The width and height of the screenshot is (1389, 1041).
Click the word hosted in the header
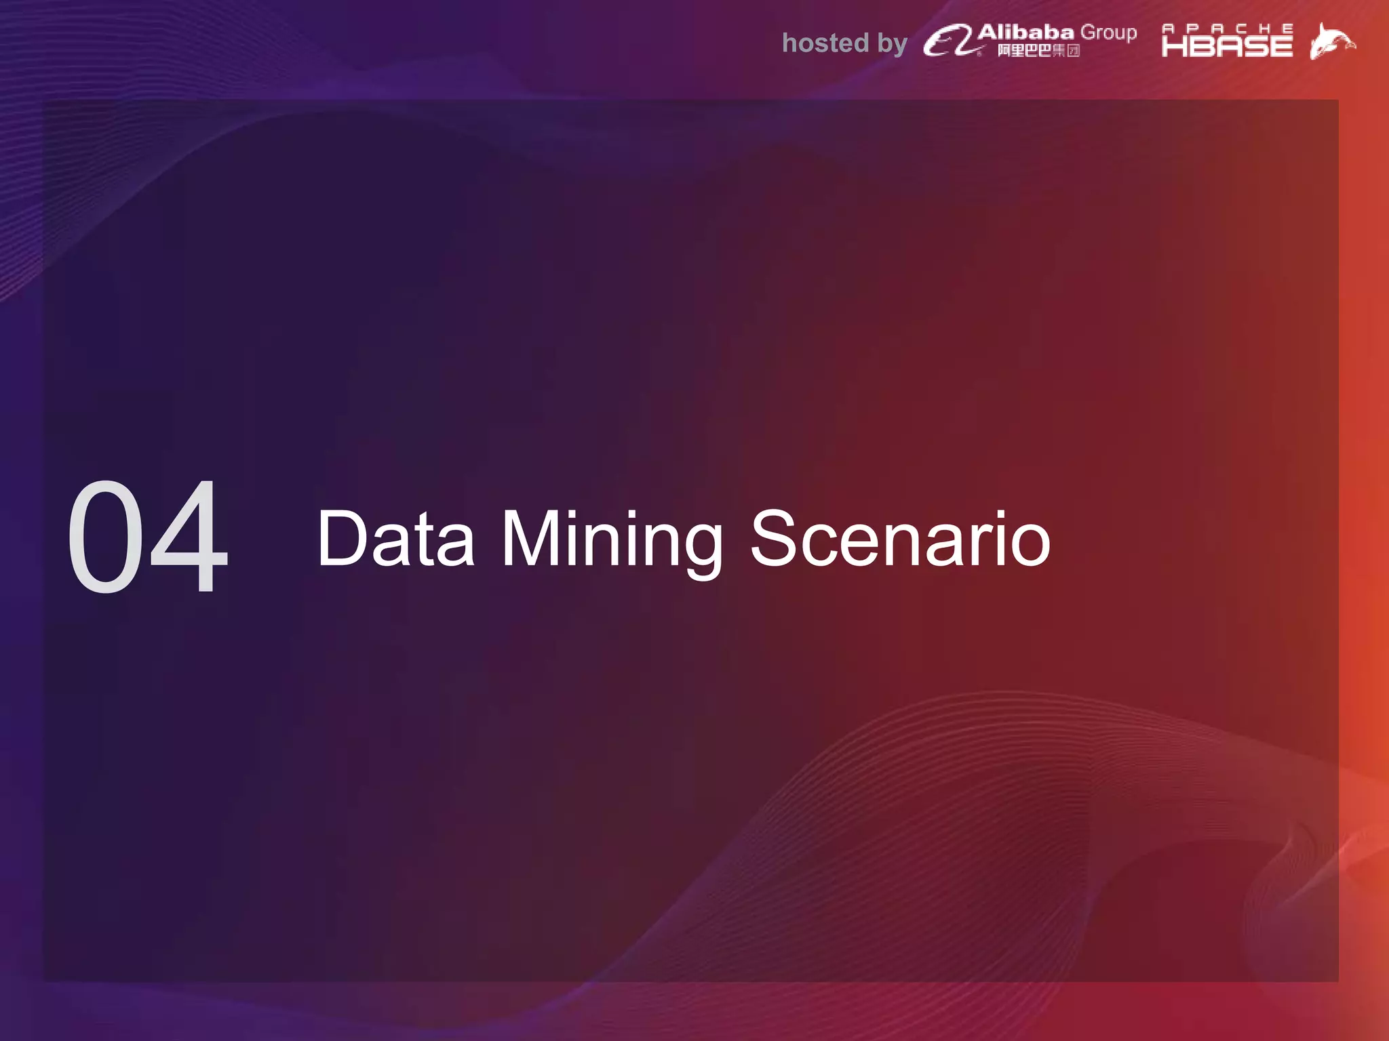(825, 43)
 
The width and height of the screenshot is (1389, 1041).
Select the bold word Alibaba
(1025, 32)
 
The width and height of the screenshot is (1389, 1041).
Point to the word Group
(1108, 33)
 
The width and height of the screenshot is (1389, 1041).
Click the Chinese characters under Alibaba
(1038, 51)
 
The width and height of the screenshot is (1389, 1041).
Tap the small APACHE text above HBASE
(1227, 28)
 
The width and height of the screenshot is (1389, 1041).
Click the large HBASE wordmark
(1227, 46)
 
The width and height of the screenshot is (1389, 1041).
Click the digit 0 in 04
(107, 536)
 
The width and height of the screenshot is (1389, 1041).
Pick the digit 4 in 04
(189, 536)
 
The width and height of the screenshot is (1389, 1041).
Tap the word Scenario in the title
(900, 538)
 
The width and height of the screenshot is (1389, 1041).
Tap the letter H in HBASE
(1174, 46)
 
